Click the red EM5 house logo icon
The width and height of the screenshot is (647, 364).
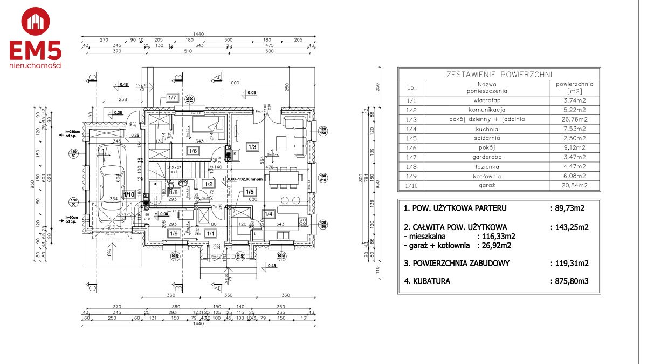point(36,22)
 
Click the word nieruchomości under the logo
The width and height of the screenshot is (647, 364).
point(36,65)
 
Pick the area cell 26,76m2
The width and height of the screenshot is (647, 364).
point(574,119)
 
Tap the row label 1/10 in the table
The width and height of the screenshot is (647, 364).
point(411,185)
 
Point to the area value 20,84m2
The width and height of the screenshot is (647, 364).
point(574,185)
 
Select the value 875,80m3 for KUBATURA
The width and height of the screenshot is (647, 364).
point(569,281)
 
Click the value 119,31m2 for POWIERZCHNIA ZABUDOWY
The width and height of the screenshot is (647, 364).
point(569,264)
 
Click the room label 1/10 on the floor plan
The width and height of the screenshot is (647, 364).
point(129,194)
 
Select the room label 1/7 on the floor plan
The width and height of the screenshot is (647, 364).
point(172,98)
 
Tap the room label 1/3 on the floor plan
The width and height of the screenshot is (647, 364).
point(252,146)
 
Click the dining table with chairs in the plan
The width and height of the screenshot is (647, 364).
point(281,178)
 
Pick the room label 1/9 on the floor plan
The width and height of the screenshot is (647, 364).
point(173,234)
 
